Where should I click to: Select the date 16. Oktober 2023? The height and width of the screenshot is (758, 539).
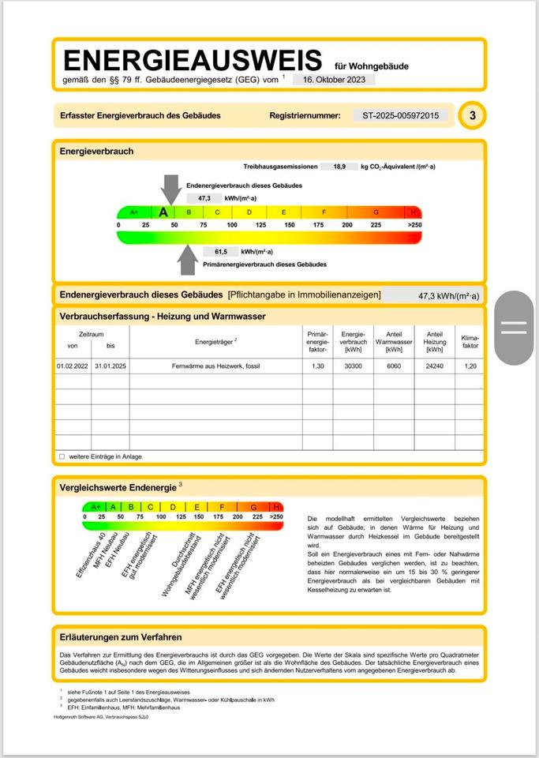click(334, 80)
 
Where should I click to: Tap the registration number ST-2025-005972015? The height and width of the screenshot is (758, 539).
click(399, 115)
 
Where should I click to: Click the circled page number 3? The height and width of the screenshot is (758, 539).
click(472, 116)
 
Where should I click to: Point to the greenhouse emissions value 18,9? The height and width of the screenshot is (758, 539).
click(339, 167)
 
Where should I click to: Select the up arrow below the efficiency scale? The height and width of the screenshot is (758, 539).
click(187, 260)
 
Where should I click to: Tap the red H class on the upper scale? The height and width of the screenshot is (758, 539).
click(413, 212)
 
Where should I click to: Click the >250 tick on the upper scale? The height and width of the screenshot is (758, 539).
click(414, 226)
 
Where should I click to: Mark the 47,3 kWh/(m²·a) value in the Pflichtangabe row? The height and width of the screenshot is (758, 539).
click(448, 296)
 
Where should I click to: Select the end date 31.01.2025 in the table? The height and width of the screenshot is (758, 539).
click(110, 366)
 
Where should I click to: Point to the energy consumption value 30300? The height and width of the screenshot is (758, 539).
click(352, 366)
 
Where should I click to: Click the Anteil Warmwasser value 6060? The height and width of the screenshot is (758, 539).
click(388, 366)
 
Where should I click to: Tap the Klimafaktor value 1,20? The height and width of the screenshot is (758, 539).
click(470, 366)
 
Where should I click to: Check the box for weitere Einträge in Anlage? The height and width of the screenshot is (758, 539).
click(62, 456)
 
